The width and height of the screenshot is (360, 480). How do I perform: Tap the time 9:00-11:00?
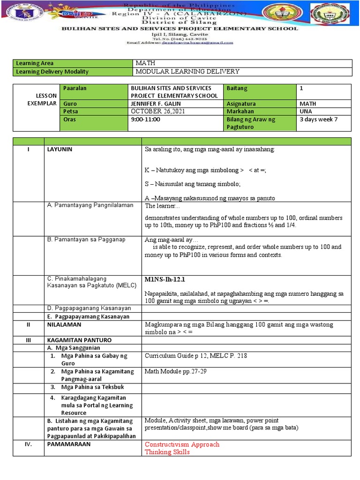click(x=145, y=120)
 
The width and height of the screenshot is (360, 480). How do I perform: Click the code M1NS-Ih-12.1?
click(x=165, y=279)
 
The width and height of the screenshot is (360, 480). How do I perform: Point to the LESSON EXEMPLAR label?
click(x=42, y=99)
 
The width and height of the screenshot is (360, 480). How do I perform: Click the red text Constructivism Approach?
click(x=182, y=444)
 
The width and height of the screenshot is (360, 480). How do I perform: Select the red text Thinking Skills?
click(x=167, y=452)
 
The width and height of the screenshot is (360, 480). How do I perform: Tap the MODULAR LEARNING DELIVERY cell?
click(x=187, y=72)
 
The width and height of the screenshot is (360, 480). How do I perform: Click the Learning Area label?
click(x=35, y=63)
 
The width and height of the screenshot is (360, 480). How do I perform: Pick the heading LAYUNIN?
click(x=60, y=149)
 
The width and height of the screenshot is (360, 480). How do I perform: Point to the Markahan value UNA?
click(x=306, y=112)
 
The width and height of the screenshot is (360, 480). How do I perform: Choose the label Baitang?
click(x=237, y=88)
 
